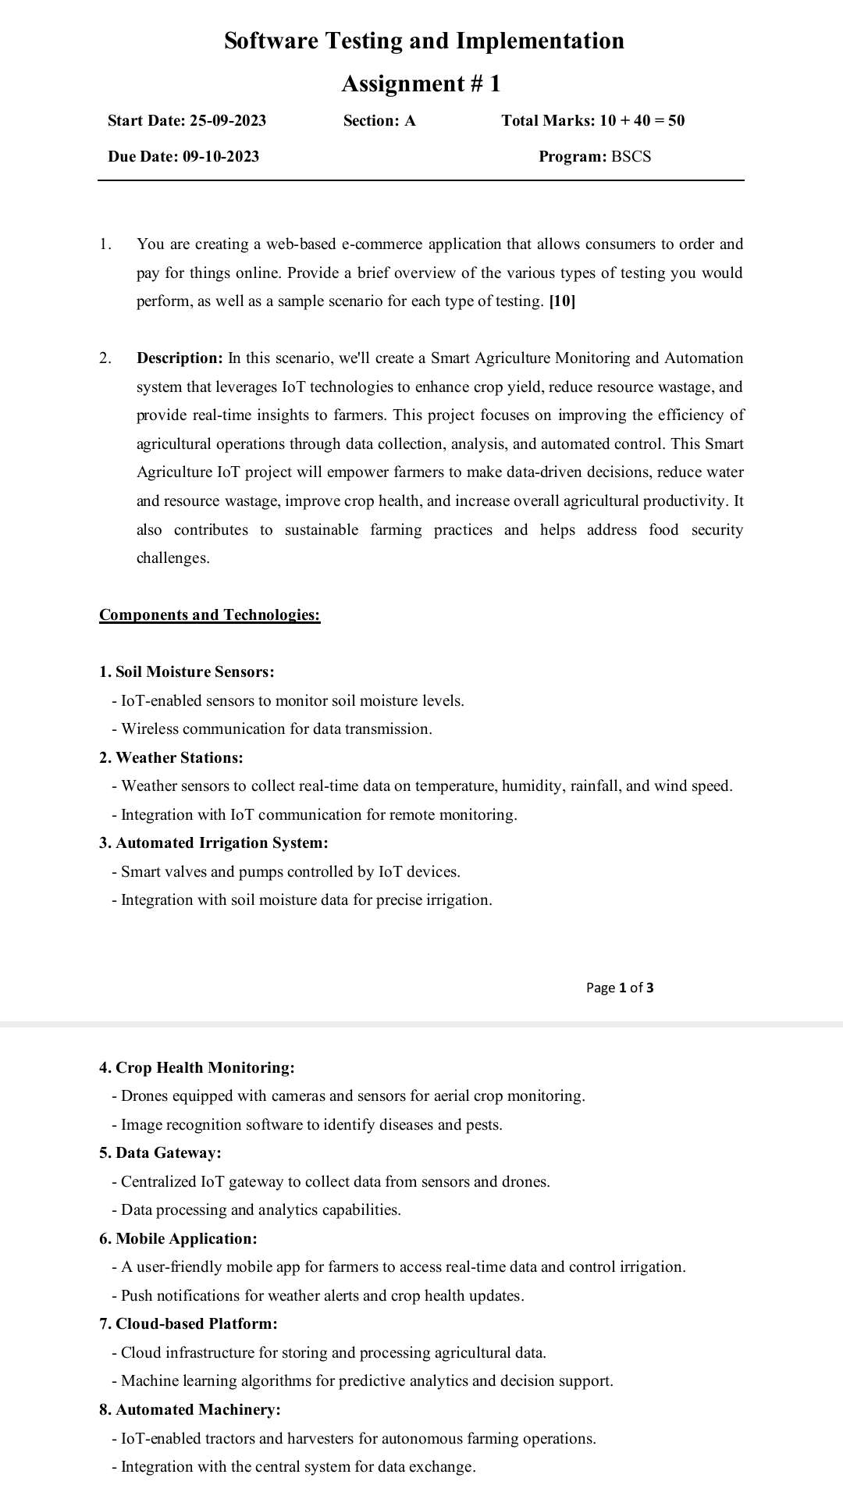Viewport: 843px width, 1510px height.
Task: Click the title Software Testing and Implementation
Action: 424,41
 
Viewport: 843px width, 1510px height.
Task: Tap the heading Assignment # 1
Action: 421,84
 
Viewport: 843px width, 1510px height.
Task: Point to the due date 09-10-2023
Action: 221,157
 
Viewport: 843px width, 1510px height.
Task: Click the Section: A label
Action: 379,121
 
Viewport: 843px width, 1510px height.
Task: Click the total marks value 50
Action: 676,121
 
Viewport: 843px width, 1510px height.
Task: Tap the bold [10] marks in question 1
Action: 562,301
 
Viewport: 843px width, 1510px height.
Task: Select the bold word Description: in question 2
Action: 180,358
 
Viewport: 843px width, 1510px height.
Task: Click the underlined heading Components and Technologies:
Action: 209,615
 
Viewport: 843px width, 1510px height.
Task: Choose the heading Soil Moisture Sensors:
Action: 187,672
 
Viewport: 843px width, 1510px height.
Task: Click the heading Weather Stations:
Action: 172,758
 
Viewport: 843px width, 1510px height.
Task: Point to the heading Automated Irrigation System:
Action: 214,843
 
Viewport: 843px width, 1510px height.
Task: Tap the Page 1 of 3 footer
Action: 620,988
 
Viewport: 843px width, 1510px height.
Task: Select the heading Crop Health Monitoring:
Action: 197,1068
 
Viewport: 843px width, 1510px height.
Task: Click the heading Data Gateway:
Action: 161,1153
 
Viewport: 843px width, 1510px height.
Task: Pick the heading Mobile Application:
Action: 179,1239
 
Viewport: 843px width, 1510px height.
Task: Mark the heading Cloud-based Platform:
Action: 189,1324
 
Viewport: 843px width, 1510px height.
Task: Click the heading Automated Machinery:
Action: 190,1410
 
